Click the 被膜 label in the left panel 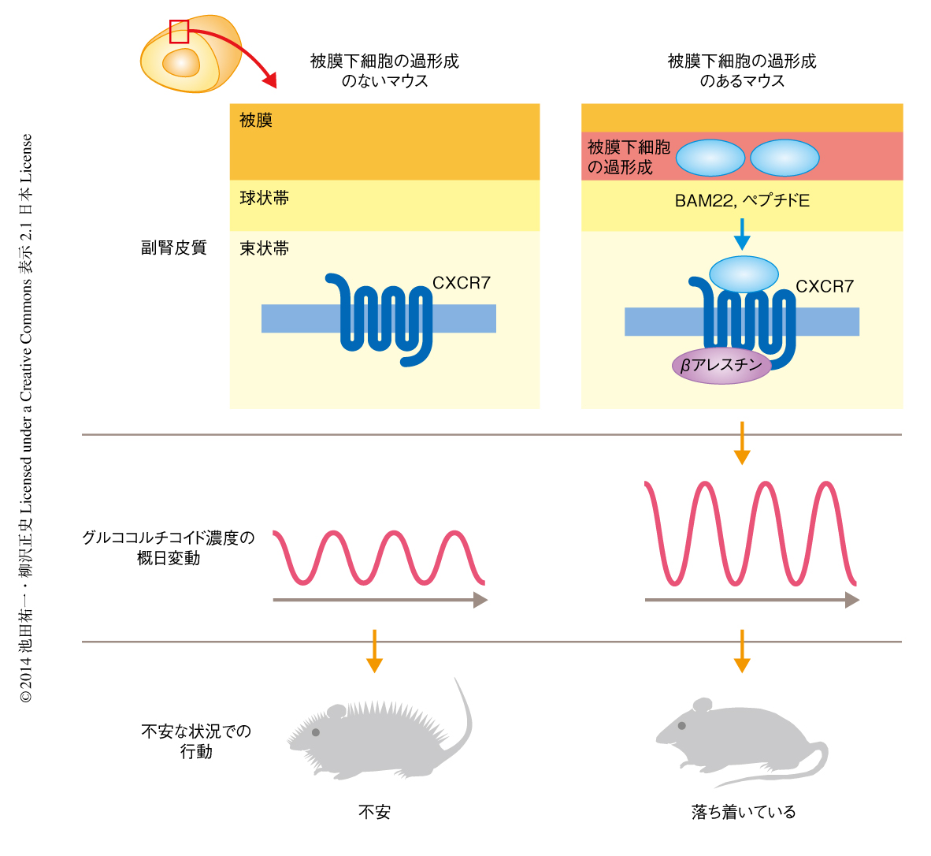click(x=256, y=121)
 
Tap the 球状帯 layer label click(x=265, y=198)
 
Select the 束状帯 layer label click(x=265, y=249)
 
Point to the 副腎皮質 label click(x=173, y=247)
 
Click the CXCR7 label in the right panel click(x=825, y=287)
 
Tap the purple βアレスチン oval click(x=721, y=366)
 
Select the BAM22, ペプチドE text click(x=742, y=201)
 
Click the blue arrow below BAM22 click(x=742, y=234)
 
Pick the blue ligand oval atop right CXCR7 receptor click(x=744, y=274)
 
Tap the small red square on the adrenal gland click(x=180, y=32)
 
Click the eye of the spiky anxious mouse click(x=316, y=732)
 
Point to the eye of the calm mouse click(x=682, y=725)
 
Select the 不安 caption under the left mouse click(x=374, y=812)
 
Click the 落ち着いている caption click(x=744, y=812)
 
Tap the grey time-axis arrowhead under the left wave click(x=480, y=601)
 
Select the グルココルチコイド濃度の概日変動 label click(x=169, y=548)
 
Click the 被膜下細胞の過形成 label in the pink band click(x=629, y=157)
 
